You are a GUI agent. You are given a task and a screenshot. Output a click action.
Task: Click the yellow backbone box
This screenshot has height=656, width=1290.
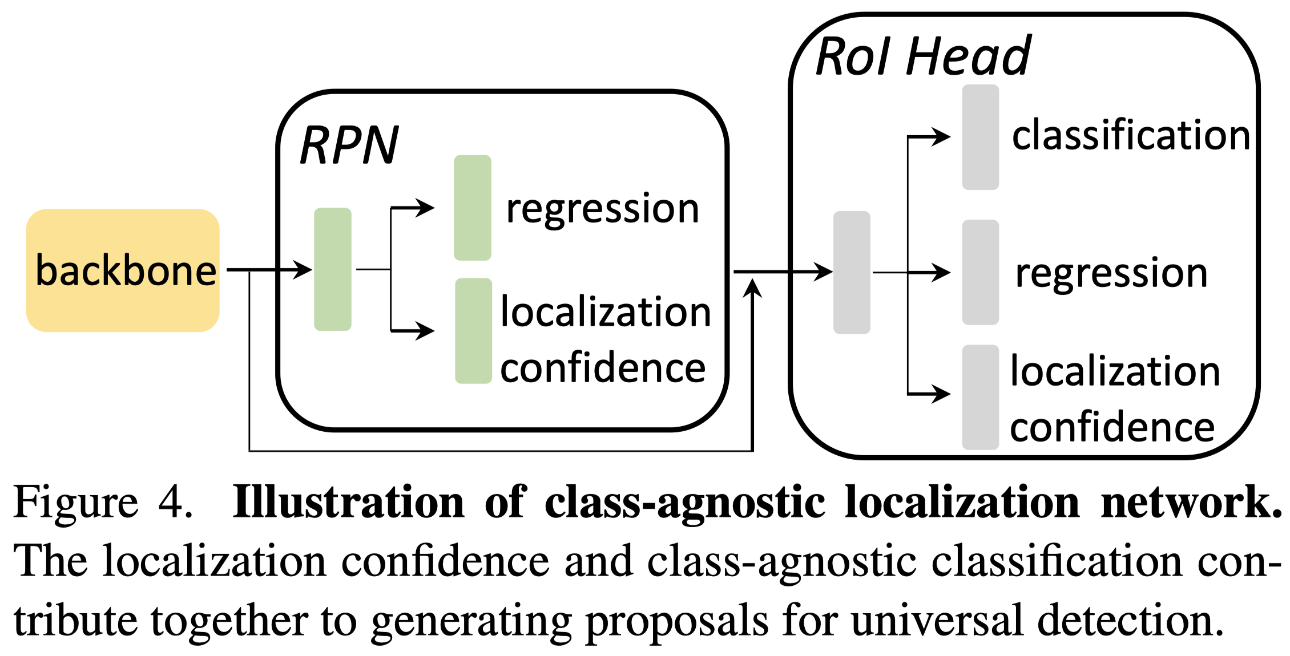pos(123,270)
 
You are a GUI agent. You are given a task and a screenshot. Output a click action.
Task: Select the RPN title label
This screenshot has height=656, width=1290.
pos(349,146)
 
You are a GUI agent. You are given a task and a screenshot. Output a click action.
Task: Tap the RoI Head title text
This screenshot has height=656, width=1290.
pos(923,56)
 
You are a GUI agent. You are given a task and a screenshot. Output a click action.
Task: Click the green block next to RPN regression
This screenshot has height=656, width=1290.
pos(472,208)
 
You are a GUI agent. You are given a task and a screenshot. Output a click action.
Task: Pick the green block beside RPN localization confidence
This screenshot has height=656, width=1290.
pos(473,331)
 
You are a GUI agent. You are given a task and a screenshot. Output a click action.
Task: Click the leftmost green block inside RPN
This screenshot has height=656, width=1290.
pos(333,269)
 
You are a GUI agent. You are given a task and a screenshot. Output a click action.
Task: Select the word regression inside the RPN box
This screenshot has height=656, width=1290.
pos(602,209)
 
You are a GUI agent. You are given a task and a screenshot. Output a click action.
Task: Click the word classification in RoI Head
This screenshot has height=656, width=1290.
pos(1131,136)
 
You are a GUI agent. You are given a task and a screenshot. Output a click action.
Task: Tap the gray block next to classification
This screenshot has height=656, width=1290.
pos(980,137)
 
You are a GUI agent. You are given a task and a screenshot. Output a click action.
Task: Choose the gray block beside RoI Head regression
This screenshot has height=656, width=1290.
pos(980,273)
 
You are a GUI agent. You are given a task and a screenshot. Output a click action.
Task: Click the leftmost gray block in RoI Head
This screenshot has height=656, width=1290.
pos(852,273)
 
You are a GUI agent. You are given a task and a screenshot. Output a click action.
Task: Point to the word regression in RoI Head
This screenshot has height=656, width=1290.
pos(1111,273)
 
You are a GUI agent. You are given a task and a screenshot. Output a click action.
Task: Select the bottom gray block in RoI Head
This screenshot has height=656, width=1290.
pos(980,397)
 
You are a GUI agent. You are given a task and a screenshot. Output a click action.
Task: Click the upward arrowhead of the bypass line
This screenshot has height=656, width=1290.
pos(753,288)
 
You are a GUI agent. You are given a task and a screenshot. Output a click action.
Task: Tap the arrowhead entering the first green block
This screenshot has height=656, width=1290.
pos(303,269)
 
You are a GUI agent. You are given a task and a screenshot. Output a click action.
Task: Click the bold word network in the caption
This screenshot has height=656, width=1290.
pos(1190,502)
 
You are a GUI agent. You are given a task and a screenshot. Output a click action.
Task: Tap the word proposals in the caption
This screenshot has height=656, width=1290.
pos(677,622)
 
